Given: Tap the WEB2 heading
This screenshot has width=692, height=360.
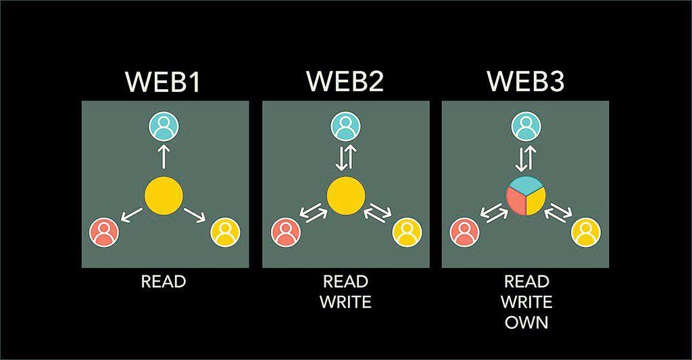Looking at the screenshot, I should click(x=345, y=82).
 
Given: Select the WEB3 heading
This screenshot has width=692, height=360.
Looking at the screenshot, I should click(x=526, y=82).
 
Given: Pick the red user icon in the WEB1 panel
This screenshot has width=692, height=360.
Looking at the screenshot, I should click(x=104, y=232).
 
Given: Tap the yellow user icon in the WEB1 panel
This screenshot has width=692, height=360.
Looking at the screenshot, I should click(x=225, y=232).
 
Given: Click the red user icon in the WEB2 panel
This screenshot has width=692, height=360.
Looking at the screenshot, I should click(x=286, y=232).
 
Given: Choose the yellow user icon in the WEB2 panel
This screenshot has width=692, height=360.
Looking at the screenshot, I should click(x=406, y=232).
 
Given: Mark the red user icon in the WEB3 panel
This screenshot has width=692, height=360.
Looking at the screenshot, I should click(x=465, y=232).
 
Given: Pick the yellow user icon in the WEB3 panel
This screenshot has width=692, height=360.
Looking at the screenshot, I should click(x=586, y=232).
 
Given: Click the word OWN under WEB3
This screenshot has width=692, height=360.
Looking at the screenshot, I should click(x=525, y=322).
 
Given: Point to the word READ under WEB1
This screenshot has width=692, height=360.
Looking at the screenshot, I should click(x=164, y=281).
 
